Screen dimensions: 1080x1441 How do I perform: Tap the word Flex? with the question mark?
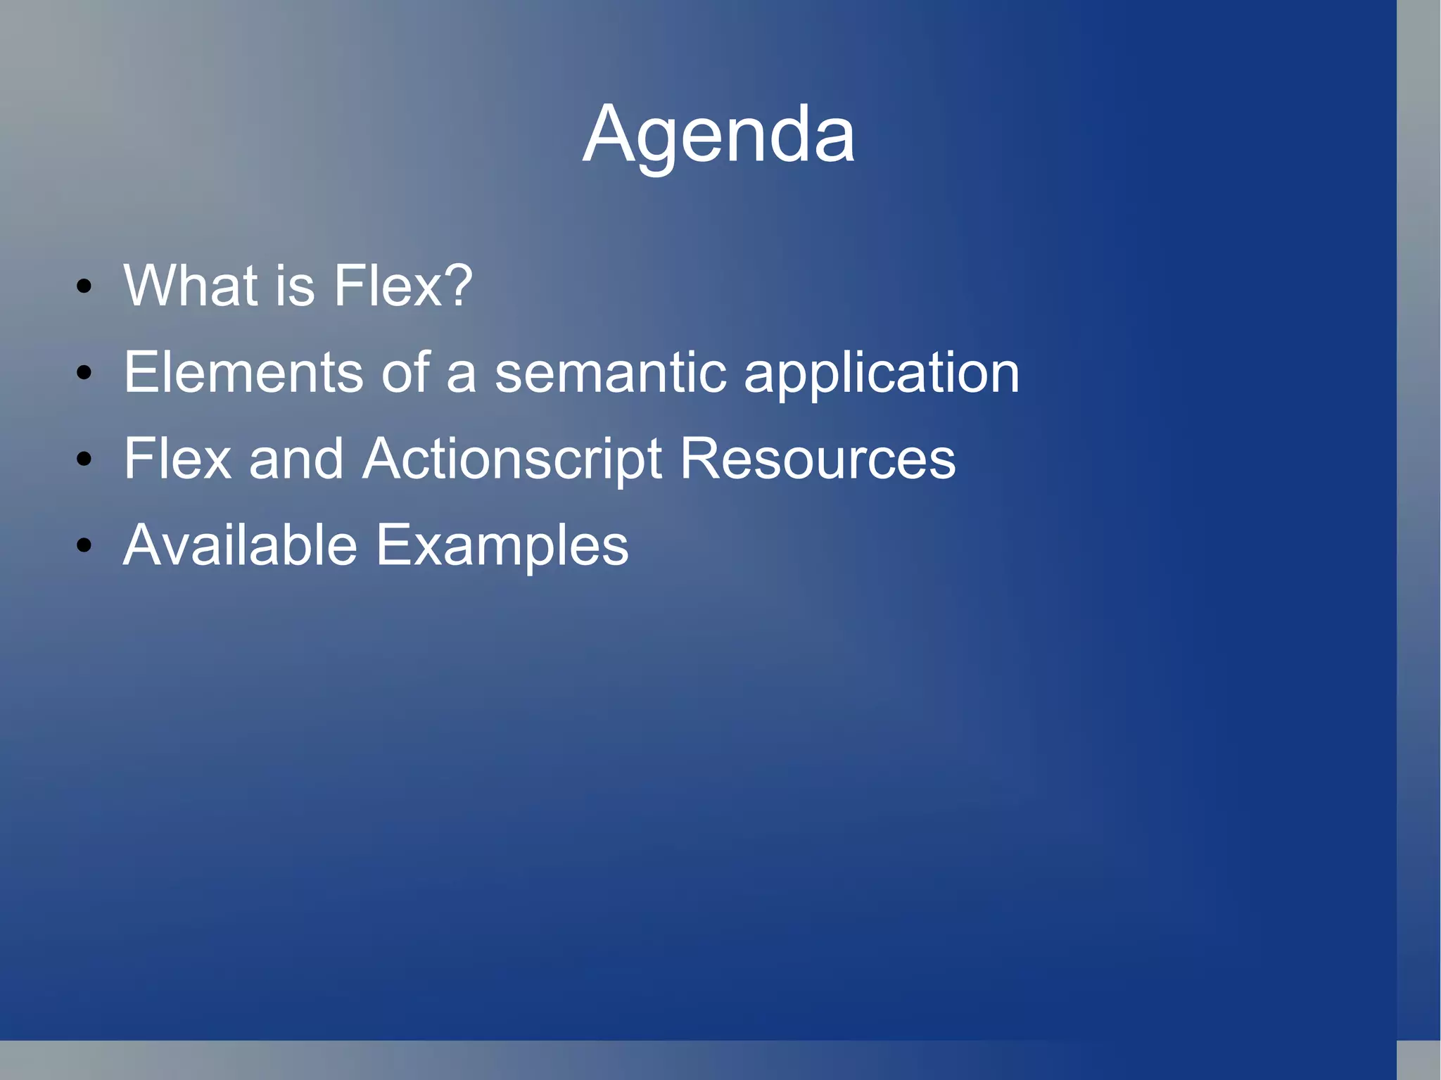click(x=402, y=286)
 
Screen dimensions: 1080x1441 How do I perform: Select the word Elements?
click(x=243, y=372)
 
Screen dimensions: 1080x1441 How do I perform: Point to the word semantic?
click(x=610, y=372)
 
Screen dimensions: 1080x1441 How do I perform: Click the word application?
click(x=881, y=374)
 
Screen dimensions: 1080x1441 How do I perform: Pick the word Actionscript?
click(x=512, y=459)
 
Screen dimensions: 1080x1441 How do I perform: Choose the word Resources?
click(x=818, y=459)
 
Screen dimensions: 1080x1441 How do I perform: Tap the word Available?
click(x=240, y=545)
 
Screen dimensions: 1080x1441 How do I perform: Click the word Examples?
click(x=502, y=546)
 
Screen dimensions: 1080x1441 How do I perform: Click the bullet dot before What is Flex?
click(x=84, y=286)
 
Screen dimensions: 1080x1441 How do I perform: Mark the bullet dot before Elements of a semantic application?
click(x=84, y=373)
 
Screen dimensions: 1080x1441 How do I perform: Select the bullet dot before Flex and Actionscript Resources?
click(x=84, y=459)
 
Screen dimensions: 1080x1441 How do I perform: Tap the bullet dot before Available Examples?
click(x=84, y=545)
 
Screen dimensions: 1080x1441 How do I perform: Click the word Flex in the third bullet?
click(x=177, y=459)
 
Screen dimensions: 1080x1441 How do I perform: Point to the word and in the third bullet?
click(x=296, y=459)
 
